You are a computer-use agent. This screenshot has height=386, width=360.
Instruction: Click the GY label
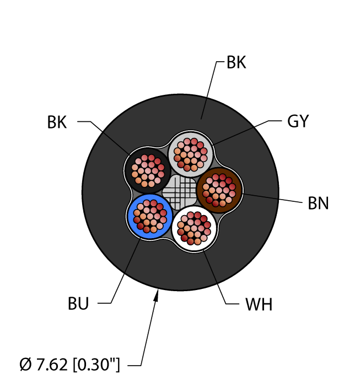(298, 121)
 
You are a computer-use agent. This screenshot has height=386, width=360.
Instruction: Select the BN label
(318, 203)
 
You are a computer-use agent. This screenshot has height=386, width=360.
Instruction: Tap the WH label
(259, 304)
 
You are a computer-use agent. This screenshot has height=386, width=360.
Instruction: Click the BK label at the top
(236, 63)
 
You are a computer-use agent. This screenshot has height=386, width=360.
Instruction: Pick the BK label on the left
(57, 122)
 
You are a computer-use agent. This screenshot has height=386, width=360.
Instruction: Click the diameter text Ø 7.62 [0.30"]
(69, 364)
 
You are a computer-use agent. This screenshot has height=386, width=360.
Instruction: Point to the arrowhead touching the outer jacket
(157, 296)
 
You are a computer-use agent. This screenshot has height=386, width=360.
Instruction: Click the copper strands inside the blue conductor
(148, 216)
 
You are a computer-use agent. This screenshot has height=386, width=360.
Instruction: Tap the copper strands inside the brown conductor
(218, 190)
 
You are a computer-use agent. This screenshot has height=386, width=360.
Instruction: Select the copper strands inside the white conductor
(195, 227)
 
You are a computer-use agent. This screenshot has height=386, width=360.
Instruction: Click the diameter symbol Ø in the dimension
(25, 364)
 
